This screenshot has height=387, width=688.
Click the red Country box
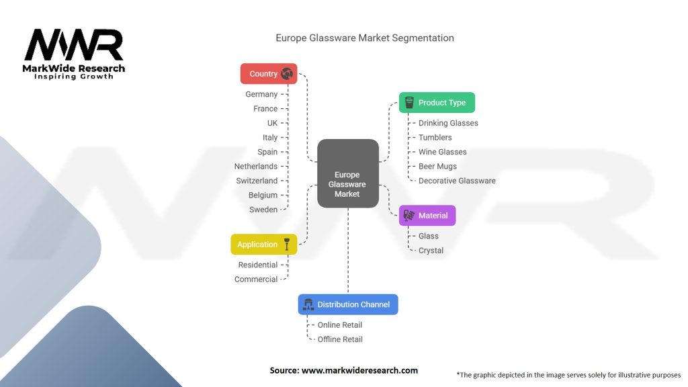268,74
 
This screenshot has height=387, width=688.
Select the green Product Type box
437,103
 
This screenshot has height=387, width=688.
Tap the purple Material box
427,216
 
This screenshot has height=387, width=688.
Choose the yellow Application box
263,245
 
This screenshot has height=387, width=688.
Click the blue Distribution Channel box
348,304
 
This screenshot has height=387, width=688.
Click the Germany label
261,95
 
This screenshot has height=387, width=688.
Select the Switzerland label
257,181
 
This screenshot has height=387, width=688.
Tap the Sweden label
263,210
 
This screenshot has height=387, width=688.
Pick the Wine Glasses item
442,152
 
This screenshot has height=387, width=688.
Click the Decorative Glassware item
457,181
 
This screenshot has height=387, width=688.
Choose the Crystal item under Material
431,251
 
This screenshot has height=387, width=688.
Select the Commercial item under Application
256,279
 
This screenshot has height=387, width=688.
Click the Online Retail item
340,325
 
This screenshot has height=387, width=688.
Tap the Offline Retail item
340,339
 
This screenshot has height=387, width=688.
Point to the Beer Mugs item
437,167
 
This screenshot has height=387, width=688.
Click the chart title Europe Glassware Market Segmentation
365,38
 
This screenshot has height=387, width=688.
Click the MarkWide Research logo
74,54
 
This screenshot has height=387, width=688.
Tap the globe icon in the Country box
287,74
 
